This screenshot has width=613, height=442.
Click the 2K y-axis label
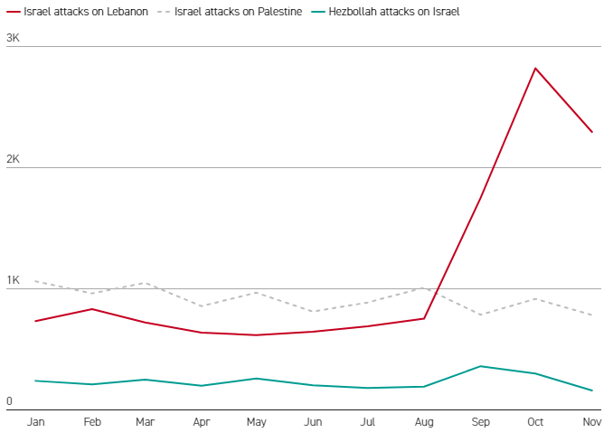coord(14,159)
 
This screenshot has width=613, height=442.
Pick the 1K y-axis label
coord(14,280)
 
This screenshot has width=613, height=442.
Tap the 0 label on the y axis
coord(9,401)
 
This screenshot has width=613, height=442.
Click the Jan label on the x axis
coord(36,422)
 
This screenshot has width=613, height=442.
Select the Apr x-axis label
coord(203,422)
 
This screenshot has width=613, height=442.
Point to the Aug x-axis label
coord(424,422)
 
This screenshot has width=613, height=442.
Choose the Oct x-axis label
coord(535,422)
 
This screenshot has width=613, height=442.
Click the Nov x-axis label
coord(591,422)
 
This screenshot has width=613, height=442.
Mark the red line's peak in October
coord(535,68)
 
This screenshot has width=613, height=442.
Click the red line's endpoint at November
coord(591,132)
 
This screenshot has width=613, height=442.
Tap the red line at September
coord(480,196)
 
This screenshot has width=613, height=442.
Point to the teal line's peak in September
coord(480,366)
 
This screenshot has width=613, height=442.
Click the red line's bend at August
coord(424,318)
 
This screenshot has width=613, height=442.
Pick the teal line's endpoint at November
coord(591,390)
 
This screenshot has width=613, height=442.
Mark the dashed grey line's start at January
coord(36,281)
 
